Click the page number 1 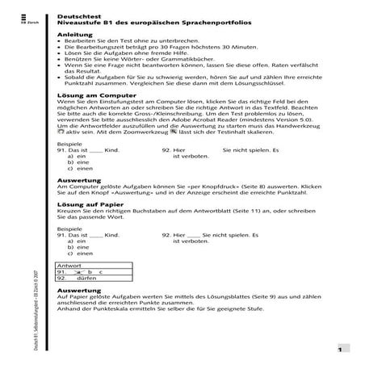(x=341, y=350)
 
